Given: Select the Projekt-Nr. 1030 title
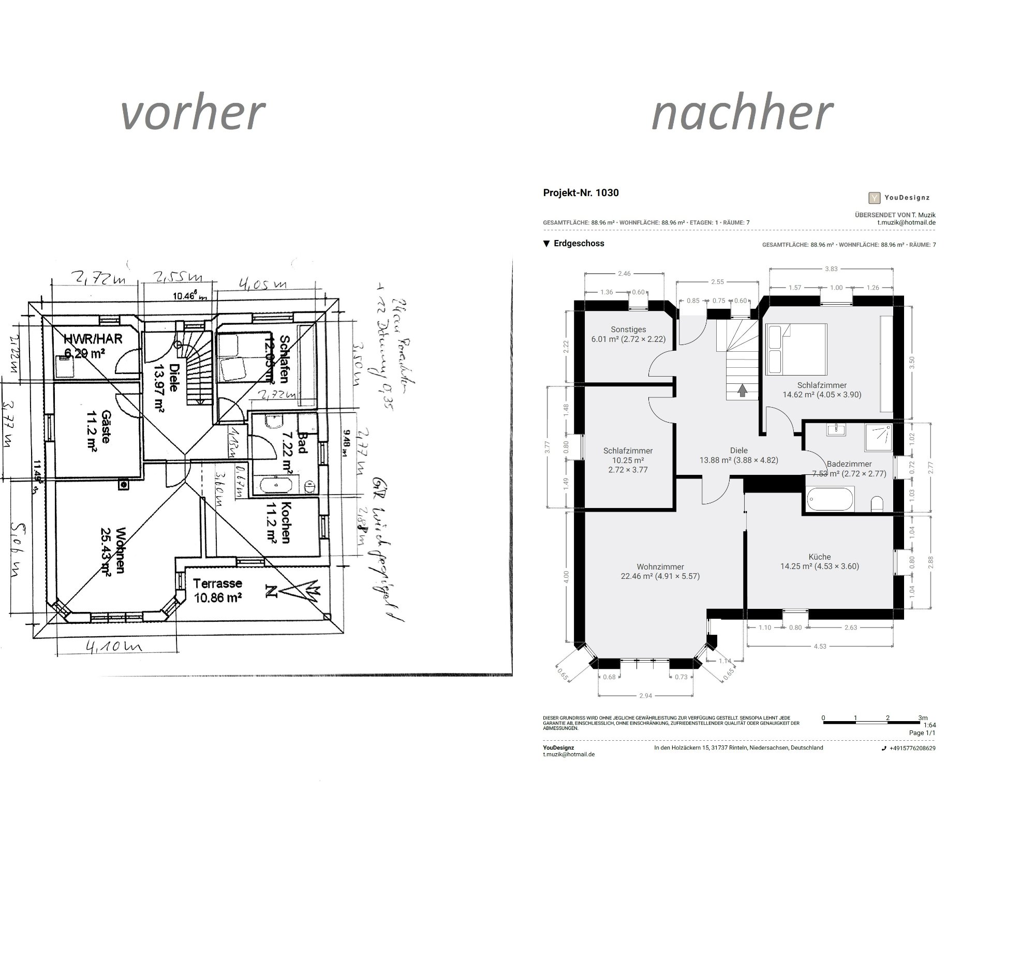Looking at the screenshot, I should [x=581, y=192].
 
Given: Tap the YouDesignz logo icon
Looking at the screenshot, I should [x=874, y=197].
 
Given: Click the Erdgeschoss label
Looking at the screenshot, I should [x=579, y=244].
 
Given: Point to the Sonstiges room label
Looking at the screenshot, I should [x=628, y=330].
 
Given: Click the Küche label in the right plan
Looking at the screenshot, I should [x=819, y=557].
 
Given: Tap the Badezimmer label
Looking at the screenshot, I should [x=849, y=464].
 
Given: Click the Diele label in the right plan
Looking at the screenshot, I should [x=738, y=451].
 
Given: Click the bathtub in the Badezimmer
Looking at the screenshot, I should [x=830, y=499].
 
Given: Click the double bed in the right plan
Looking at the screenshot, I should [x=796, y=349].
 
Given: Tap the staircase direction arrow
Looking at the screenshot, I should [x=742, y=390].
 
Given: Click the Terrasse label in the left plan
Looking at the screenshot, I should [x=217, y=584].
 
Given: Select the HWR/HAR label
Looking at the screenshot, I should [x=93, y=339].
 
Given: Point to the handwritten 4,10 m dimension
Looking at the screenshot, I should [x=114, y=647].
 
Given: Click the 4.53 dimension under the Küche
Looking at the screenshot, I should [x=820, y=646].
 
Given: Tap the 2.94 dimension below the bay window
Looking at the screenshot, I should [x=645, y=695].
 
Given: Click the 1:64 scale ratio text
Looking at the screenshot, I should [x=929, y=726].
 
